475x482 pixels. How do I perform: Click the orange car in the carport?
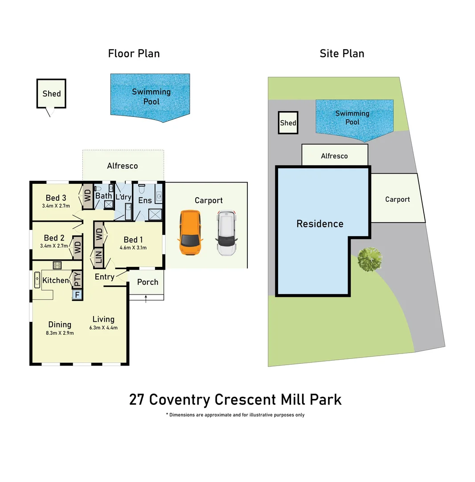(190, 233)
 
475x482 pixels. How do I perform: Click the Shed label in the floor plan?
(51, 94)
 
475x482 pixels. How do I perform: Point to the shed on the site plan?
(288, 123)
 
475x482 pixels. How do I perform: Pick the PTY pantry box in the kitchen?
(78, 279)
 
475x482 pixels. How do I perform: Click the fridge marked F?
(77, 295)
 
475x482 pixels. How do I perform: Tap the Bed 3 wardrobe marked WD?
(87, 196)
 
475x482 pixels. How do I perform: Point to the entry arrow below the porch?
(146, 299)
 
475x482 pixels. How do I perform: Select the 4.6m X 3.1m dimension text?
(133, 248)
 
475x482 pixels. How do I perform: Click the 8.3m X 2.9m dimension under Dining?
(60, 332)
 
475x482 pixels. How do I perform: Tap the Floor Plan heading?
(134, 54)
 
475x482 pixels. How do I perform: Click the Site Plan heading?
(342, 54)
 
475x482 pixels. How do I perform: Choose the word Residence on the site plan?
(320, 224)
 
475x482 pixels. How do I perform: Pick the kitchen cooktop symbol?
(57, 265)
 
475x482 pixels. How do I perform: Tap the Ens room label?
(145, 200)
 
